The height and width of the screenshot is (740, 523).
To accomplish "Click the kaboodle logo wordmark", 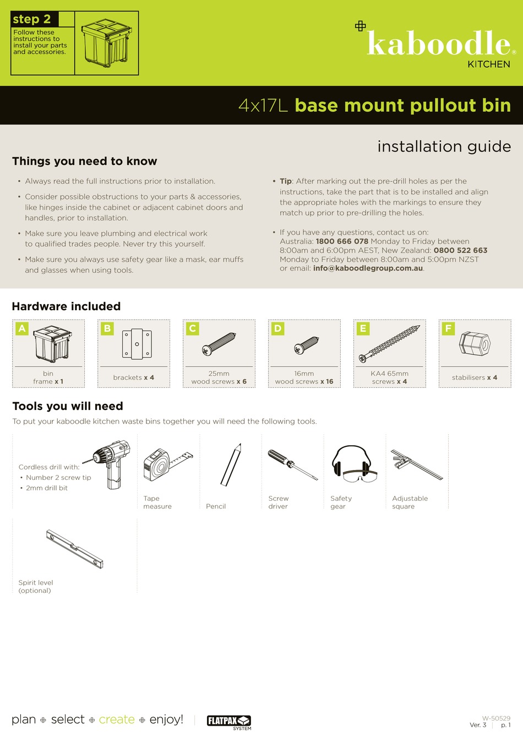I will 439,44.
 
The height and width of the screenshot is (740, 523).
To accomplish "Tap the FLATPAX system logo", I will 228,720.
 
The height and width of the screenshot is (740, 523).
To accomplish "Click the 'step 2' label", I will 32,19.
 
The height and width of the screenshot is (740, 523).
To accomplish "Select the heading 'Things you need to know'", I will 85,161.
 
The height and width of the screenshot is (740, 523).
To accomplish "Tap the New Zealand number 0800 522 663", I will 460,250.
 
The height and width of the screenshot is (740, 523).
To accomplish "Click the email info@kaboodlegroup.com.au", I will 368,268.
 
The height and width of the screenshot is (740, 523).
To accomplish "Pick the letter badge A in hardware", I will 22,328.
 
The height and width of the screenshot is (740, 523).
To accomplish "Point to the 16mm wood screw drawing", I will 306,345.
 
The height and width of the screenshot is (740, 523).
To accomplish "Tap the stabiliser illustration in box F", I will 475,344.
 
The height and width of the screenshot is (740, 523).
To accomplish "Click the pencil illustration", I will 231,465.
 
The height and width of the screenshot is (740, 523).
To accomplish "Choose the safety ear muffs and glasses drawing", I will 353,464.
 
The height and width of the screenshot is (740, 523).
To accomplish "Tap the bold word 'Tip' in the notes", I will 285,181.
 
